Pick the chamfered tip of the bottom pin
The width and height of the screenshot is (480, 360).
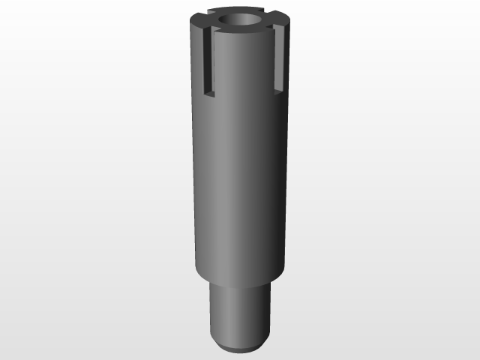pos(238,346)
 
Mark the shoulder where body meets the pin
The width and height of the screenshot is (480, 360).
pos(238,280)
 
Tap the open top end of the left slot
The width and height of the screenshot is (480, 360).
pos(211,29)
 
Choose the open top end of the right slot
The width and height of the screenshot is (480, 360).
pos(277,27)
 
